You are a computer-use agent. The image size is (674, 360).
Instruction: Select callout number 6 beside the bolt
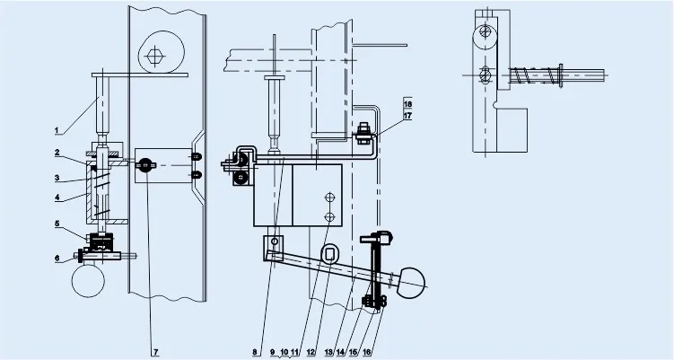(x=57, y=259)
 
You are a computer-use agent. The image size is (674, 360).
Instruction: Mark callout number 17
(x=407, y=116)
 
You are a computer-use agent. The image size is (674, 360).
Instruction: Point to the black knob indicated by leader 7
(x=144, y=164)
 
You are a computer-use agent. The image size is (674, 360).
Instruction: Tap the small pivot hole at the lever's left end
(x=276, y=241)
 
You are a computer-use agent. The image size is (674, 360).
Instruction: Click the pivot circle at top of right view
(x=486, y=31)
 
